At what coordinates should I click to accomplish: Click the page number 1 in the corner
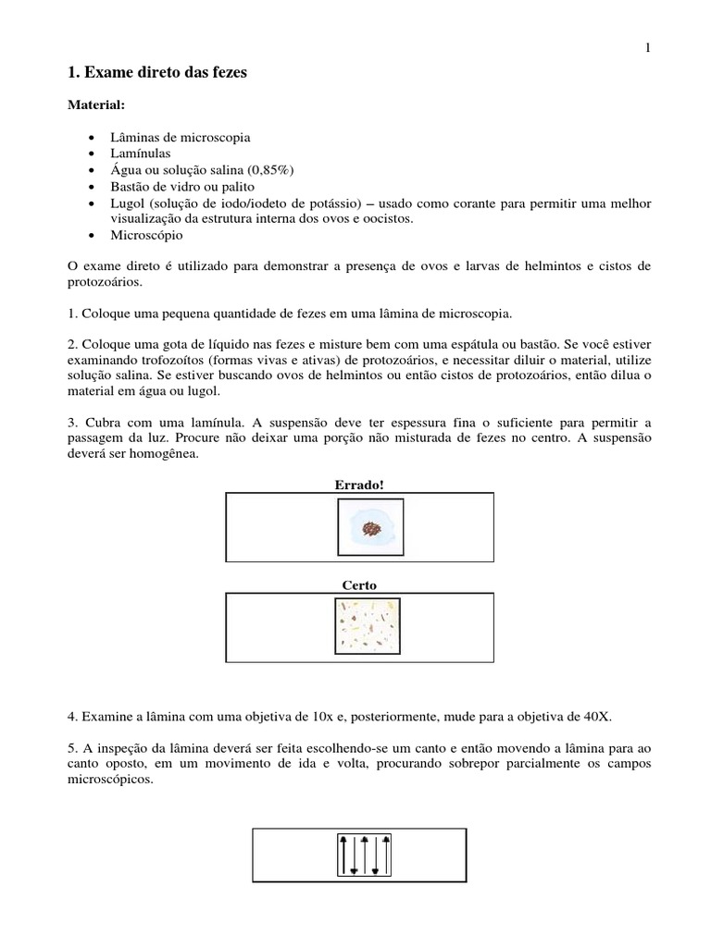[648, 49]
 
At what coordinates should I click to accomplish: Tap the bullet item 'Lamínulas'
[141, 152]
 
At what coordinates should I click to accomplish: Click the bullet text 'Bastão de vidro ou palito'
[176, 185]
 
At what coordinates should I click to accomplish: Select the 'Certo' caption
[359, 585]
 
